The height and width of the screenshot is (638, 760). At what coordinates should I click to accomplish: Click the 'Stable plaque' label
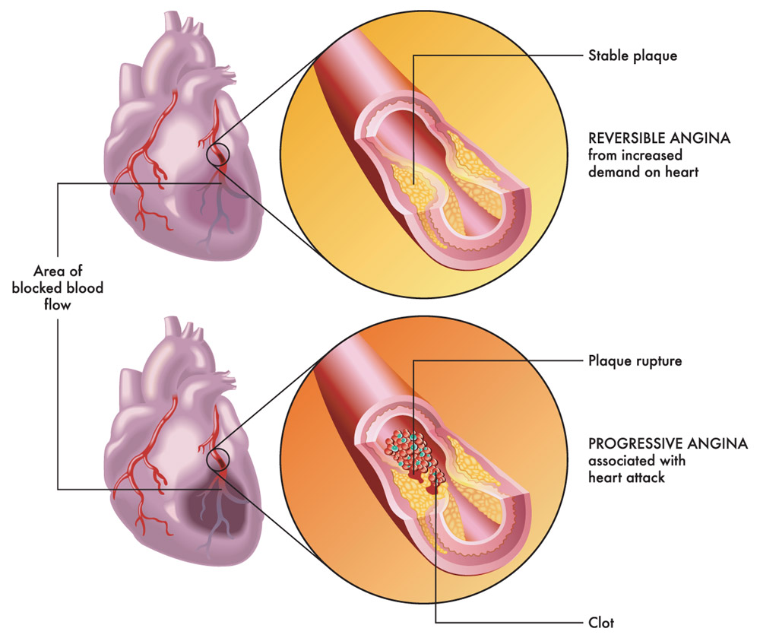(632, 56)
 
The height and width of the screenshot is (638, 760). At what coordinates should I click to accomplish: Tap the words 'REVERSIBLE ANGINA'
(659, 138)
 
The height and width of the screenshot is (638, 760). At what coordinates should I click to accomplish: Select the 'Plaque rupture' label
(635, 361)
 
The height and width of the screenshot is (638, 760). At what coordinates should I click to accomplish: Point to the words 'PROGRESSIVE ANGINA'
(668, 443)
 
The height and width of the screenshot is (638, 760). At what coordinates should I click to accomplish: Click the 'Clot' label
(601, 622)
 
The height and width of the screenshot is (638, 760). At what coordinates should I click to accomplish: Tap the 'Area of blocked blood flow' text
(58, 287)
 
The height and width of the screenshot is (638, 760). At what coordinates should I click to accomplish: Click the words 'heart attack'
(626, 478)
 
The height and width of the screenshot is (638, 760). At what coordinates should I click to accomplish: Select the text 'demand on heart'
(643, 172)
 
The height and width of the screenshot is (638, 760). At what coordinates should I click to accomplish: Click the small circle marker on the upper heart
(217, 155)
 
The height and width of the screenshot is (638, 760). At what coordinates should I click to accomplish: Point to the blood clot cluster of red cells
(412, 453)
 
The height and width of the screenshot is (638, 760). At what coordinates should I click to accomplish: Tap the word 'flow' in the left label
(58, 304)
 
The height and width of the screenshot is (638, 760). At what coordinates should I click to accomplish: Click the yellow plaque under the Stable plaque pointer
(412, 184)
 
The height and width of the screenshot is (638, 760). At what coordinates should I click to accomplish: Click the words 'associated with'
(637, 461)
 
